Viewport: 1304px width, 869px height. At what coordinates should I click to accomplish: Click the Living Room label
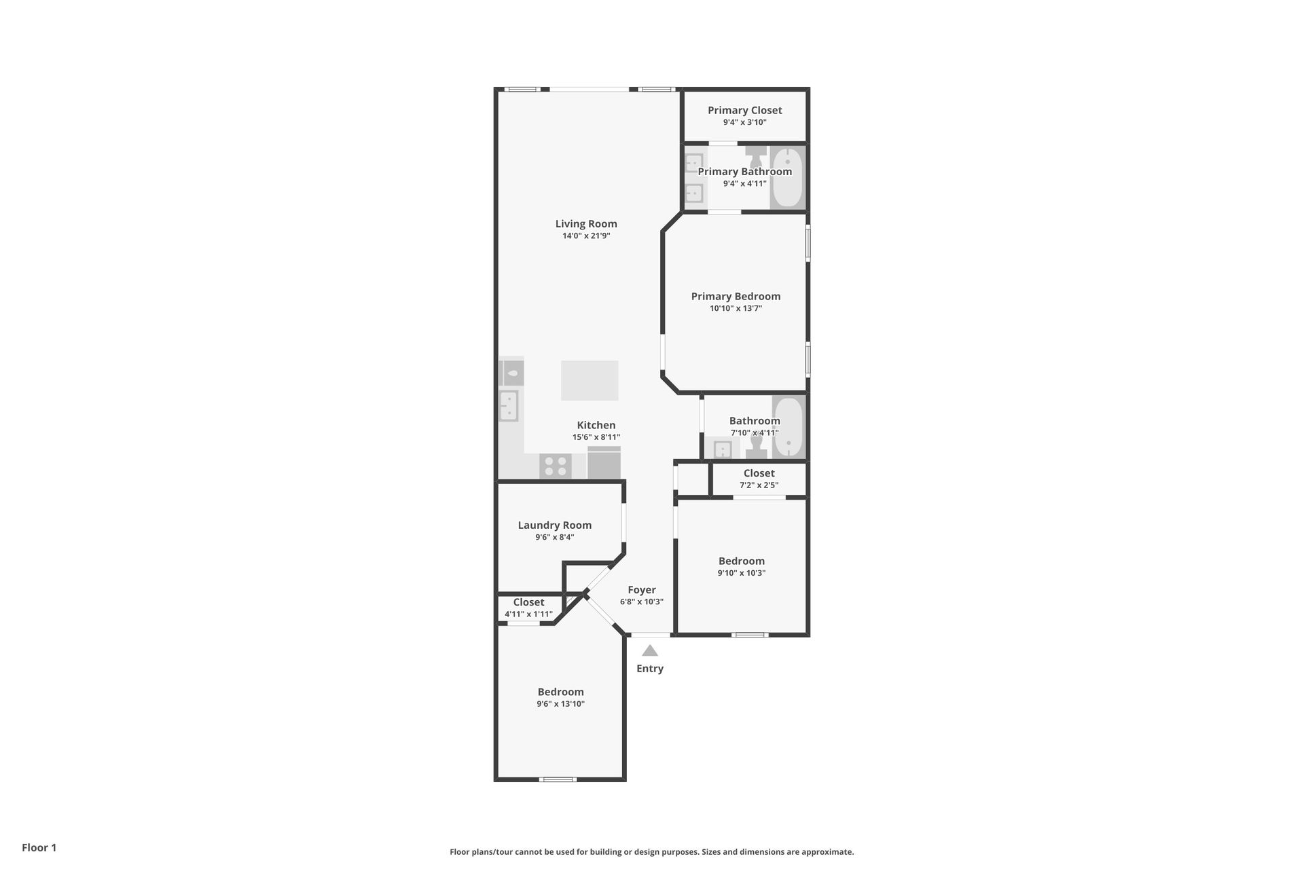(x=586, y=223)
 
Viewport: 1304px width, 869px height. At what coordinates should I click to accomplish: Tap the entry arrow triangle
(x=650, y=650)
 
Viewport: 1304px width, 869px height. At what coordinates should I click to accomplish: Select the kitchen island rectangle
(x=590, y=380)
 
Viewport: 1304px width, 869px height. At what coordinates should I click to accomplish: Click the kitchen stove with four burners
(x=556, y=466)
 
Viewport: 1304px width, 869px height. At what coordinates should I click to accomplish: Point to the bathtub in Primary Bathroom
(x=787, y=177)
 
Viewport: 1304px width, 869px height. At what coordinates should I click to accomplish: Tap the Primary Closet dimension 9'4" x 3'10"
(x=744, y=122)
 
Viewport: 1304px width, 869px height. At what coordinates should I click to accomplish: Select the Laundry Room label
(x=554, y=525)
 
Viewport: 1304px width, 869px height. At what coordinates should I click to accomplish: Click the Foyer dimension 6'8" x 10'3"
(x=641, y=602)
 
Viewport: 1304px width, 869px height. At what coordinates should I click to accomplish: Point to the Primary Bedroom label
(x=736, y=296)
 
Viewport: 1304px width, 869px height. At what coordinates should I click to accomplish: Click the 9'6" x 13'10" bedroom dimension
(x=560, y=704)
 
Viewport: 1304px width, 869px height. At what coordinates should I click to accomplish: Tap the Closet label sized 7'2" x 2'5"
(x=759, y=473)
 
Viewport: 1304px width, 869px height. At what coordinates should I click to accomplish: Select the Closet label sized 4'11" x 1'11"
(x=528, y=602)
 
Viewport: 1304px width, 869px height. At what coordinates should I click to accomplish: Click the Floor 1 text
(x=39, y=847)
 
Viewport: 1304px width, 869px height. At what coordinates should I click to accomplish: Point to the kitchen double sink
(x=509, y=406)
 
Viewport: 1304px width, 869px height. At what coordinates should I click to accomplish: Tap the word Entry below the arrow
(x=650, y=669)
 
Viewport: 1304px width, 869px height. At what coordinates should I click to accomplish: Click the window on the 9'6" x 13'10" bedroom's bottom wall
(x=558, y=779)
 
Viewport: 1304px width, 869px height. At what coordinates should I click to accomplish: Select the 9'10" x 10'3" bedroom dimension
(x=741, y=573)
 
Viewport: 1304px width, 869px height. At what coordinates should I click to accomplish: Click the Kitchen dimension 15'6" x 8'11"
(x=596, y=437)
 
